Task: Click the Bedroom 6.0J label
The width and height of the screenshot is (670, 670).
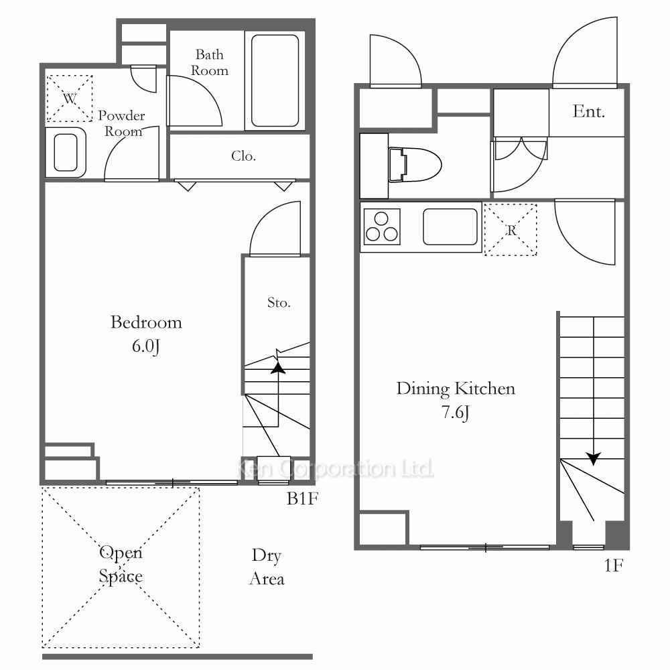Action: tap(146, 334)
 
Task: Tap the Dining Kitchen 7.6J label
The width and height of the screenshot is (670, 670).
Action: tap(456, 400)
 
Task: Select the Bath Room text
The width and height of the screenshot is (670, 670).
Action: tap(209, 62)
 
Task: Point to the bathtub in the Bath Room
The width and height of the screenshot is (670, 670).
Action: tap(275, 81)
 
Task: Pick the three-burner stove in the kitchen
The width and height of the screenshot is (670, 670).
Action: tap(382, 226)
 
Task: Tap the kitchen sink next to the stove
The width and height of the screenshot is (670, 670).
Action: tap(450, 226)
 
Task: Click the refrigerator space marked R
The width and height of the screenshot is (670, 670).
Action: tap(511, 230)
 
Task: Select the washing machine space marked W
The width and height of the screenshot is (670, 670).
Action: tap(69, 98)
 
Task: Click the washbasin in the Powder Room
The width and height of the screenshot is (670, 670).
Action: tap(66, 153)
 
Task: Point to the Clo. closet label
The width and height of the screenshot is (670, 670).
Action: tap(244, 156)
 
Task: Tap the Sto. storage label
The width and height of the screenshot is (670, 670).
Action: tap(279, 303)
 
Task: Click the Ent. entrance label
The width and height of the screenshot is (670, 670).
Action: tap(588, 111)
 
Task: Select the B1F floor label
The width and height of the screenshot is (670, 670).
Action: tap(302, 498)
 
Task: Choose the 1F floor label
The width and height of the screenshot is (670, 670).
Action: tap(614, 565)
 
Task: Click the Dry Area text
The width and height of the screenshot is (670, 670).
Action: tap(267, 567)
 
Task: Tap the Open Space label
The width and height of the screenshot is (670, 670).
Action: tap(121, 565)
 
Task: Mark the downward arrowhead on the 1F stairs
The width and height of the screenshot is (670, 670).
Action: tap(594, 458)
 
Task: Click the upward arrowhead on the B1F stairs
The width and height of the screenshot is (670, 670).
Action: tap(278, 367)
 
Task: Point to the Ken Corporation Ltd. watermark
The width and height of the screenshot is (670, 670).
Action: tap(334, 468)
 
